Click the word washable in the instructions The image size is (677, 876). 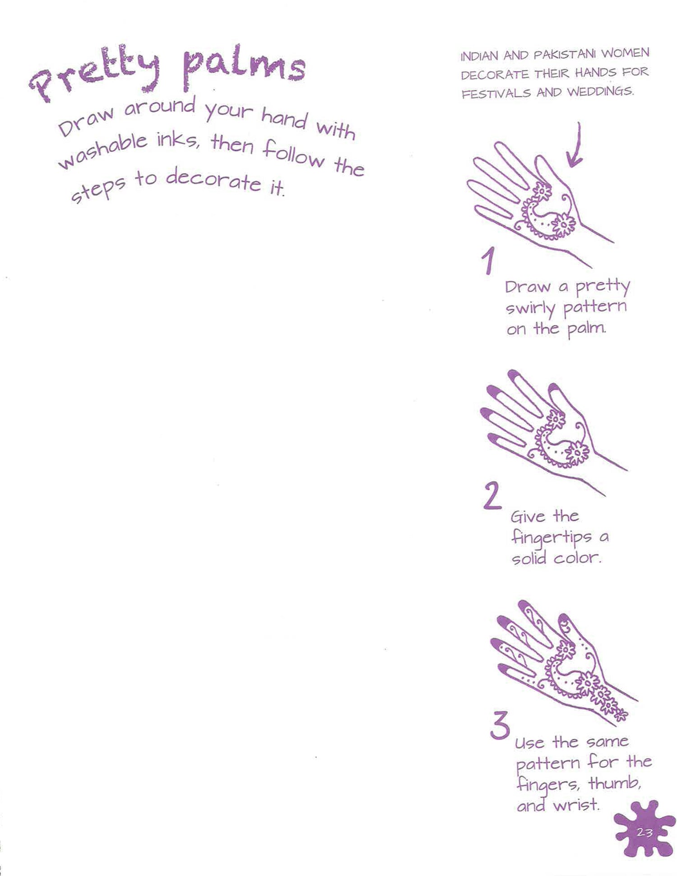(x=103, y=151)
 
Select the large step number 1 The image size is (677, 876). (x=487, y=260)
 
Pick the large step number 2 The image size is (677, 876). (x=492, y=495)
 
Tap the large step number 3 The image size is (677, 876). (x=500, y=725)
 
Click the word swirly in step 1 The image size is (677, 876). (x=530, y=309)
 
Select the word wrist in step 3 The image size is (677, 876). (x=576, y=804)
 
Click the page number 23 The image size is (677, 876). (x=644, y=832)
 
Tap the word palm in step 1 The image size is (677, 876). (x=586, y=329)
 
